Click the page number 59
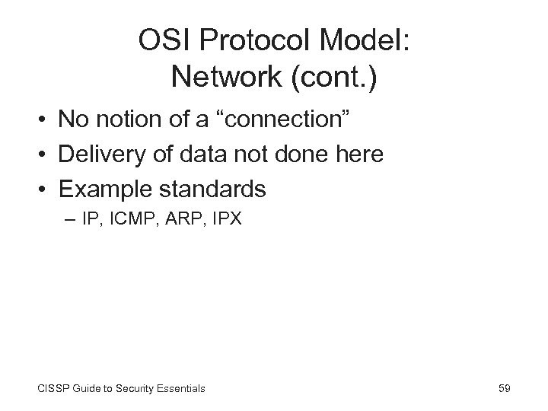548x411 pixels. pyautogui.click(x=504, y=388)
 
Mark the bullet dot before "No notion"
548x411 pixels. pyautogui.click(x=45, y=119)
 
